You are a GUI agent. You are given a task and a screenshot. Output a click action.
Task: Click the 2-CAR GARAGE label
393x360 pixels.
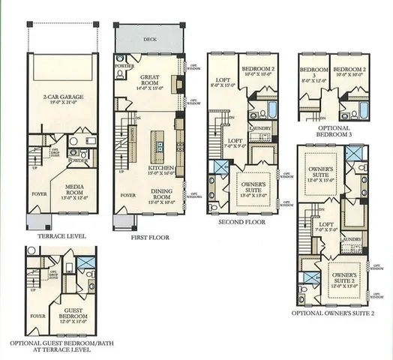click(63, 97)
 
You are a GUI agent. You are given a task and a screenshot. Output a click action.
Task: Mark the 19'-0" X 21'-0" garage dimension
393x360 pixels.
click(63, 103)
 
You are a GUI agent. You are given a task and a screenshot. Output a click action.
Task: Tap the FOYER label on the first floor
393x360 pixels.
click(128, 195)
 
